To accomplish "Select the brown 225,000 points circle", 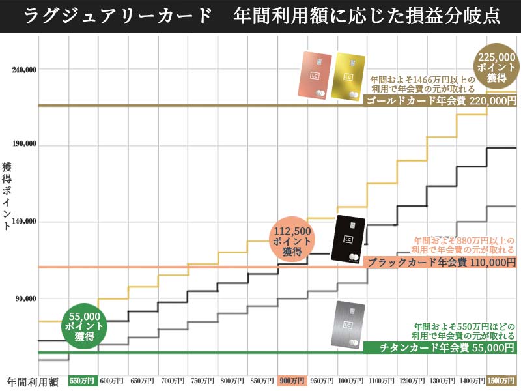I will tap(497, 67).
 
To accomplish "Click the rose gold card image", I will tap(316, 76).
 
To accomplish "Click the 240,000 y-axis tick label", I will tap(23, 68).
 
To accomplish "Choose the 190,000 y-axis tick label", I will tap(23, 145).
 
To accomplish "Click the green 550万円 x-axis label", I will tap(82, 381).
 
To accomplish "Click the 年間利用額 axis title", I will tap(33, 381).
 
